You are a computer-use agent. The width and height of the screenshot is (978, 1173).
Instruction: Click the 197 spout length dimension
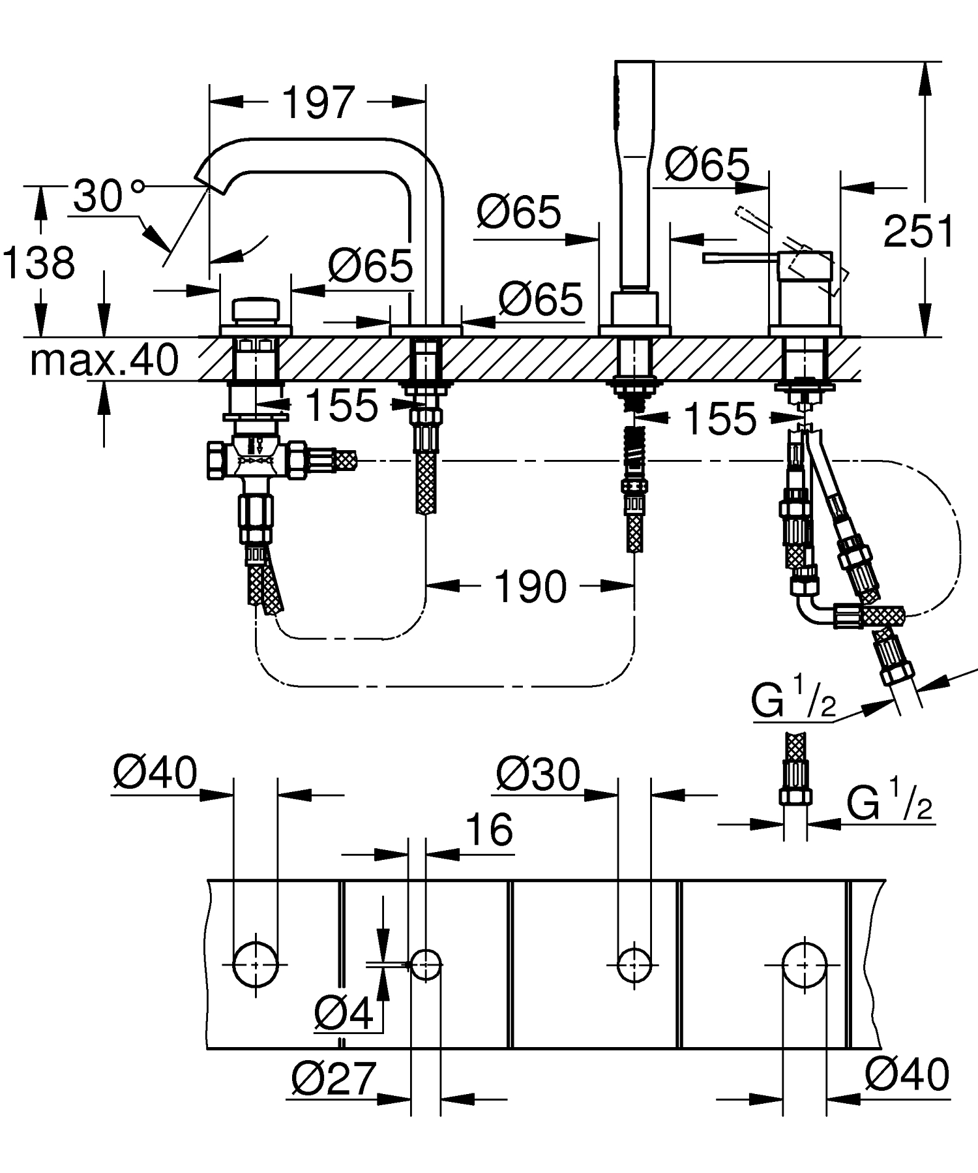(x=318, y=103)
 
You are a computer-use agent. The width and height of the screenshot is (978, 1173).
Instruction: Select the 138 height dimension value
(x=39, y=263)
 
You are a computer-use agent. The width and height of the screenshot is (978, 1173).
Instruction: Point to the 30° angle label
(x=104, y=195)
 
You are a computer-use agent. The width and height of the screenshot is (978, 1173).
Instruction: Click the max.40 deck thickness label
(x=104, y=359)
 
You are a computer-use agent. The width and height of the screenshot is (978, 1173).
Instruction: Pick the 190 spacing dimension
(x=530, y=586)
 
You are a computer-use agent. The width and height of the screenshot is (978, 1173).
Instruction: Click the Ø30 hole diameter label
(x=537, y=774)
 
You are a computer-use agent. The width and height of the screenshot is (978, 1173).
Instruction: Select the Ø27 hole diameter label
(x=333, y=1078)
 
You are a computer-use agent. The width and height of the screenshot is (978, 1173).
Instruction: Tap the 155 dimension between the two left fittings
(x=341, y=404)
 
